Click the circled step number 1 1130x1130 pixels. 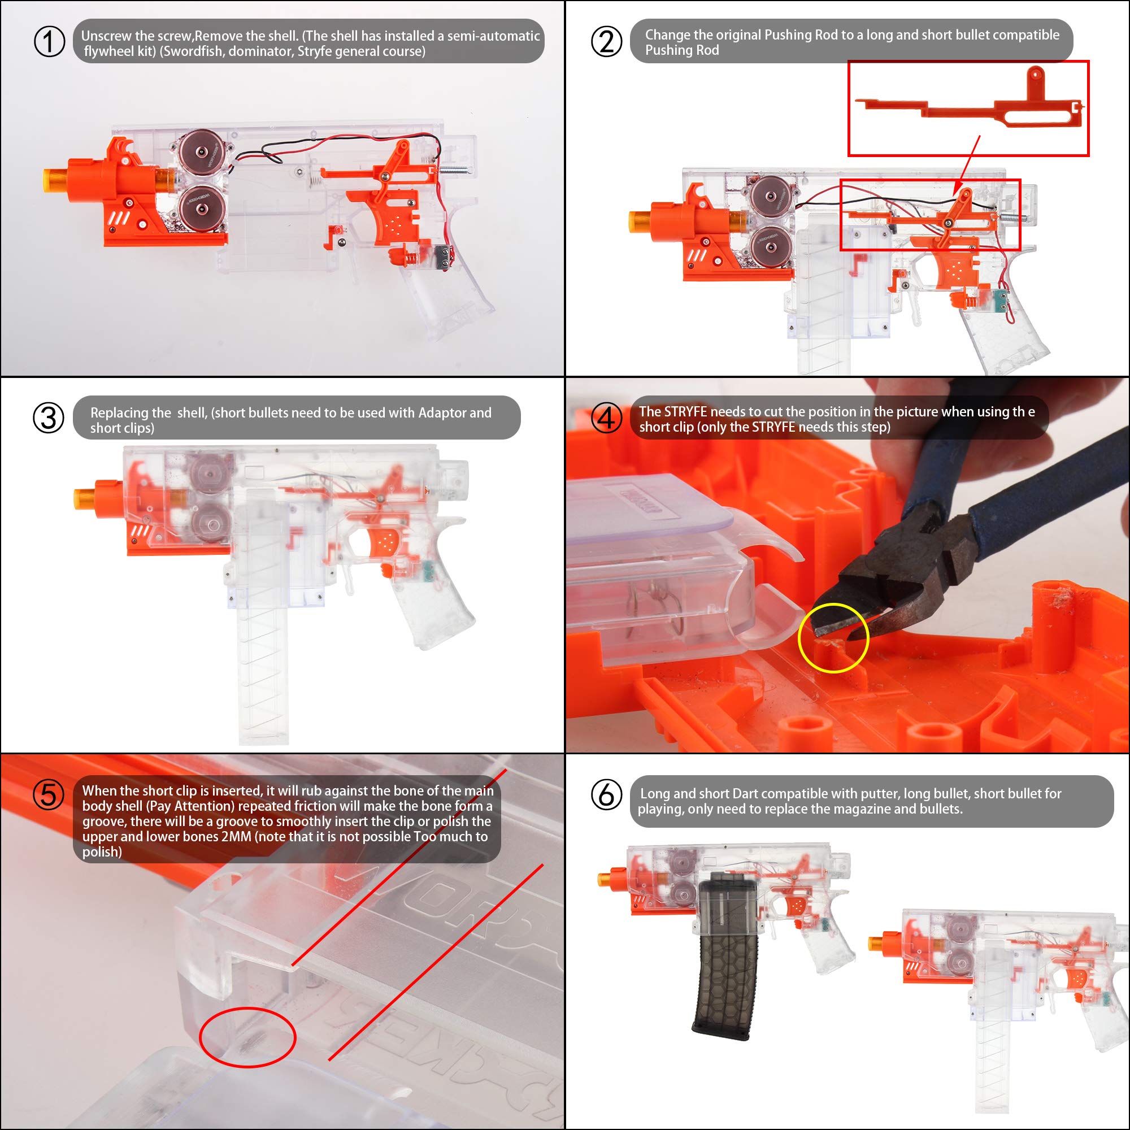(x=49, y=42)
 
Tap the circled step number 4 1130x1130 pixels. (x=606, y=419)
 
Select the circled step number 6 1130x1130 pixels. (x=606, y=795)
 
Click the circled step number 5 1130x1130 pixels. (x=49, y=795)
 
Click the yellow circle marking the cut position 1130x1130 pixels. (x=833, y=638)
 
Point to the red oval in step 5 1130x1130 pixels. (x=247, y=1037)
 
